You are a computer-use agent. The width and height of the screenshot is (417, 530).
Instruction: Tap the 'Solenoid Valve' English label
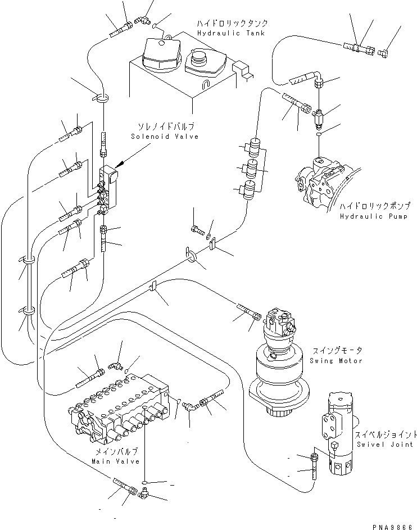(x=164, y=136)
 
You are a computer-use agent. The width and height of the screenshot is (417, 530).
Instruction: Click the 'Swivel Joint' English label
(x=379, y=444)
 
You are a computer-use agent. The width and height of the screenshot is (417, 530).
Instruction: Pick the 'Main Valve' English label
(x=114, y=461)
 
